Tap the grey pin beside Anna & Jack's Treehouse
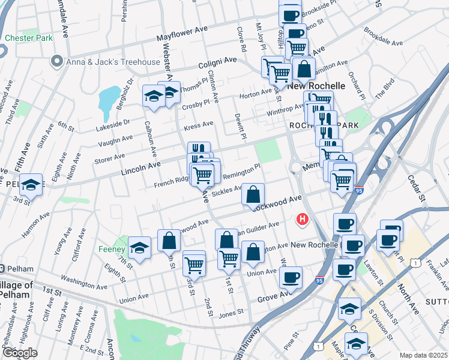pyautogui.click(x=58, y=61)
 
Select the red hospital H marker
pyautogui.click(x=303, y=220)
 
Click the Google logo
pyautogui.click(x=20, y=353)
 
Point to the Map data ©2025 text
pyautogui.click(x=423, y=355)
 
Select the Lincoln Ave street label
pyautogui.click(x=141, y=167)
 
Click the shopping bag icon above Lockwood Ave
pyautogui.click(x=253, y=194)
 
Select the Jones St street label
pyautogui.click(x=231, y=312)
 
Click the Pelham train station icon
pyautogui.click(x=3, y=268)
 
